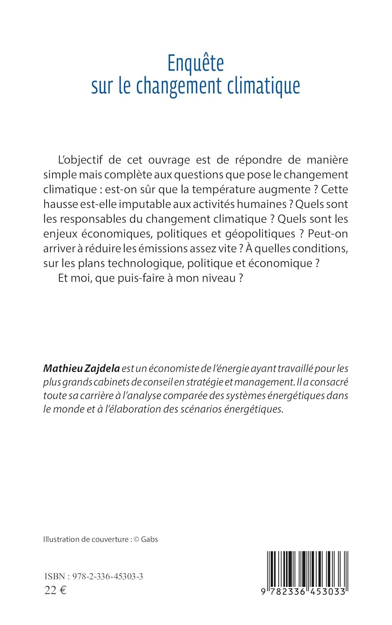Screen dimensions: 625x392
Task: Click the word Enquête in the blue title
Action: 195,63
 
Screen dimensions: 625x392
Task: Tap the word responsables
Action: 93,219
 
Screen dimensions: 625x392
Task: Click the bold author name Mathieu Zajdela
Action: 82,368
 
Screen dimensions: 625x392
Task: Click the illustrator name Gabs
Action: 149,539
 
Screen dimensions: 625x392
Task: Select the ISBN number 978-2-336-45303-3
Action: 107,576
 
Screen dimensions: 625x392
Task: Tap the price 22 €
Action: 55,590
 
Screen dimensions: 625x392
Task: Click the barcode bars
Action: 307,569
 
